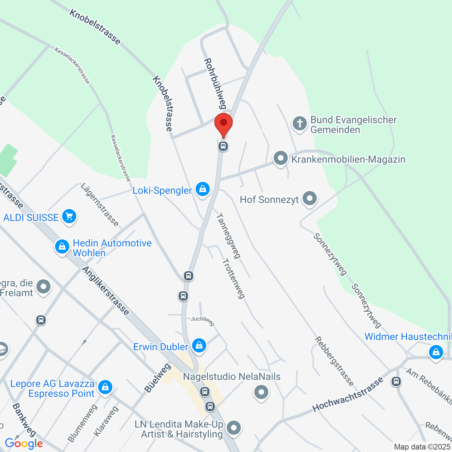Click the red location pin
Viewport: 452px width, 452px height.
tap(224, 124)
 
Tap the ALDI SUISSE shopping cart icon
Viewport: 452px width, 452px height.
tap(69, 216)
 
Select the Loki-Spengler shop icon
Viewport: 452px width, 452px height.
tap(203, 189)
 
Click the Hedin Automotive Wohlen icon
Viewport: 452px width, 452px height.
tap(62, 246)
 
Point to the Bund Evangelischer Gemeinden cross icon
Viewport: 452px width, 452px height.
tap(299, 124)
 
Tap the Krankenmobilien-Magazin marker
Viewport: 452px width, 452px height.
tap(281, 159)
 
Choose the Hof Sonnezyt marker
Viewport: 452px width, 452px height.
tap(310, 198)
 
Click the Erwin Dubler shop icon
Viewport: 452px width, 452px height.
tap(199, 345)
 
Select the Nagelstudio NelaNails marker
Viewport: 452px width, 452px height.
tap(261, 392)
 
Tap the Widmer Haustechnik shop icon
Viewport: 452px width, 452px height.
tap(436, 352)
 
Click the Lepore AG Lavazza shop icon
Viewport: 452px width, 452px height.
tap(105, 387)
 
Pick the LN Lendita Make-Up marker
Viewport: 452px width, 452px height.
tap(233, 428)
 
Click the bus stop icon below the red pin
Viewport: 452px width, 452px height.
tap(223, 146)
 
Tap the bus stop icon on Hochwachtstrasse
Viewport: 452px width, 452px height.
tap(396, 381)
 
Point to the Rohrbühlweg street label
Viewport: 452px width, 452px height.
tap(215, 83)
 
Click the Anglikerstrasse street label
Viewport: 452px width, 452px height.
tap(106, 291)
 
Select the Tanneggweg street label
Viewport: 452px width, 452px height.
tap(228, 236)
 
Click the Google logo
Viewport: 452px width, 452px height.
tap(24, 444)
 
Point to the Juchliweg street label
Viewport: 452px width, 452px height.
tap(203, 320)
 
